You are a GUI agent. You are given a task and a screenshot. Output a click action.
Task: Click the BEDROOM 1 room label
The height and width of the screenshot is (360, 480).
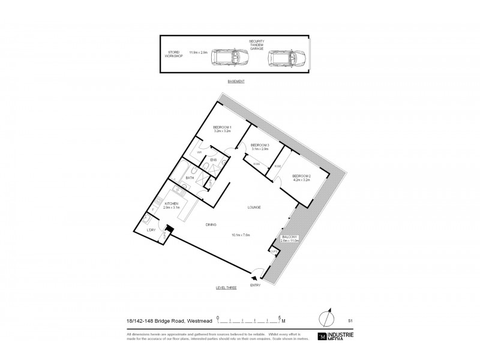(x=222, y=127)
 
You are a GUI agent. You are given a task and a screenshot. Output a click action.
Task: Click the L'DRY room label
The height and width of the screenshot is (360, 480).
(x=152, y=229)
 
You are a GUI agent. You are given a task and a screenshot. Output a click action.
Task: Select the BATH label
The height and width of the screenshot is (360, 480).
(x=190, y=178)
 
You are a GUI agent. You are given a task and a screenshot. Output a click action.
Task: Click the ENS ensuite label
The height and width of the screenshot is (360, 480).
(x=213, y=159)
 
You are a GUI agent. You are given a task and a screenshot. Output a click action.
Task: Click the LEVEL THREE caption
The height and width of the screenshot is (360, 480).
(x=226, y=288)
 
